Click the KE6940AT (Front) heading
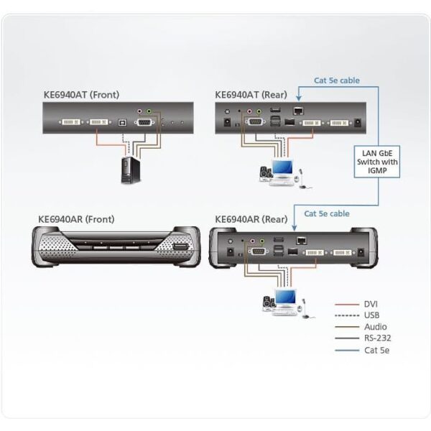point(81,95)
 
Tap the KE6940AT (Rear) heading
point(251,95)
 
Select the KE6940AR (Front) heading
point(76,219)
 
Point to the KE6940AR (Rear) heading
point(251,219)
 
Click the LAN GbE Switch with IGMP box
point(377,162)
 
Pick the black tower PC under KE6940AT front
point(131,170)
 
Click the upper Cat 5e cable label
point(337,80)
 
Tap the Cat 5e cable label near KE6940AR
point(327,213)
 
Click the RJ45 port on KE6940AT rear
point(298,111)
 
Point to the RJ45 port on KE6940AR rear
point(302,241)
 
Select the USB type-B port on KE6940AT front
point(122,123)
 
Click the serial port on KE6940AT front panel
point(144,122)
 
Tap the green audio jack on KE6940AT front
point(149,111)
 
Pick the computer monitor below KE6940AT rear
point(282,167)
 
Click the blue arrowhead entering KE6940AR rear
point(294,228)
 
